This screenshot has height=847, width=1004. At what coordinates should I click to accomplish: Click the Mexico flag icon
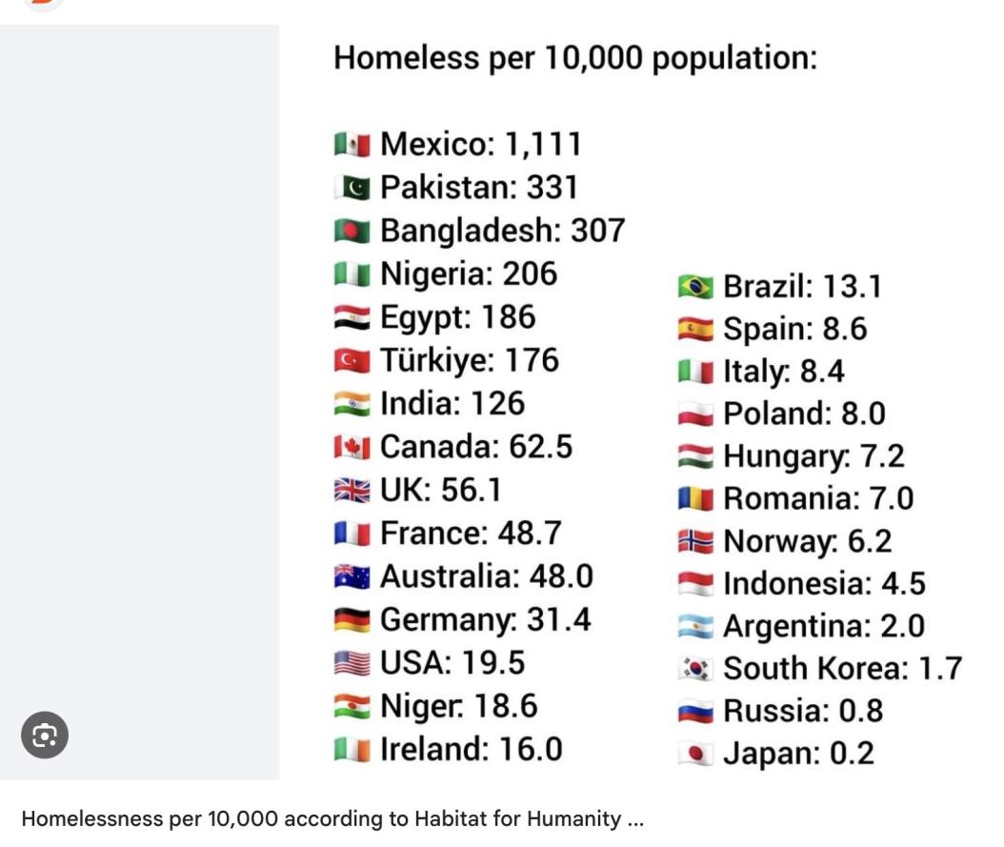pos(351,145)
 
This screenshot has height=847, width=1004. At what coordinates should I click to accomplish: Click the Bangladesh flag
pos(351,232)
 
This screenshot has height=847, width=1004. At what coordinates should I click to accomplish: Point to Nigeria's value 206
pos(530,274)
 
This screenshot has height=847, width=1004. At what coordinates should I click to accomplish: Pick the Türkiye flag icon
pos(351,361)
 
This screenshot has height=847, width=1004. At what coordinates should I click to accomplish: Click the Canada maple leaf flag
pos(351,447)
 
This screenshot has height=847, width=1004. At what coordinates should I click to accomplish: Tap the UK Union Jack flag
pos(351,491)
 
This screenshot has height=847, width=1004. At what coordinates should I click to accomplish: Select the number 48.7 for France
pos(530,534)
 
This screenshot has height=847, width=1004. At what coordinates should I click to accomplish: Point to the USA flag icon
pos(351,663)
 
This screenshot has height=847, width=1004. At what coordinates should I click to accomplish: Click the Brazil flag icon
pos(695,287)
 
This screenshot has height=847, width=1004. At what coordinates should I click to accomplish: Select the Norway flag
pos(695,542)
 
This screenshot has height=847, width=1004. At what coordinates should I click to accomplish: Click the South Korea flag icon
pos(695,669)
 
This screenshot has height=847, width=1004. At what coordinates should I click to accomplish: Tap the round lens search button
pos(45,735)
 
